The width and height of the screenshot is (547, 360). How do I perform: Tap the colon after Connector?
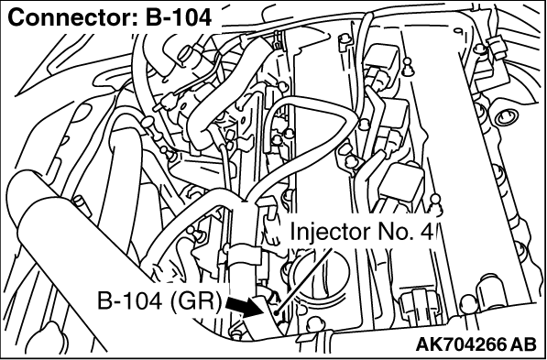tap(135, 20)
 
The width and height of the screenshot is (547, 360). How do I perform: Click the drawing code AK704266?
tap(461, 345)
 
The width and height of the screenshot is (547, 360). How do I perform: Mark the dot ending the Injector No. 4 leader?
tap(276, 313)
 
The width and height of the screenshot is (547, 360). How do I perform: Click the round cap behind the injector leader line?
tap(320, 277)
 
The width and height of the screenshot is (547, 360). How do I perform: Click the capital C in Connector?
tap(16, 17)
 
